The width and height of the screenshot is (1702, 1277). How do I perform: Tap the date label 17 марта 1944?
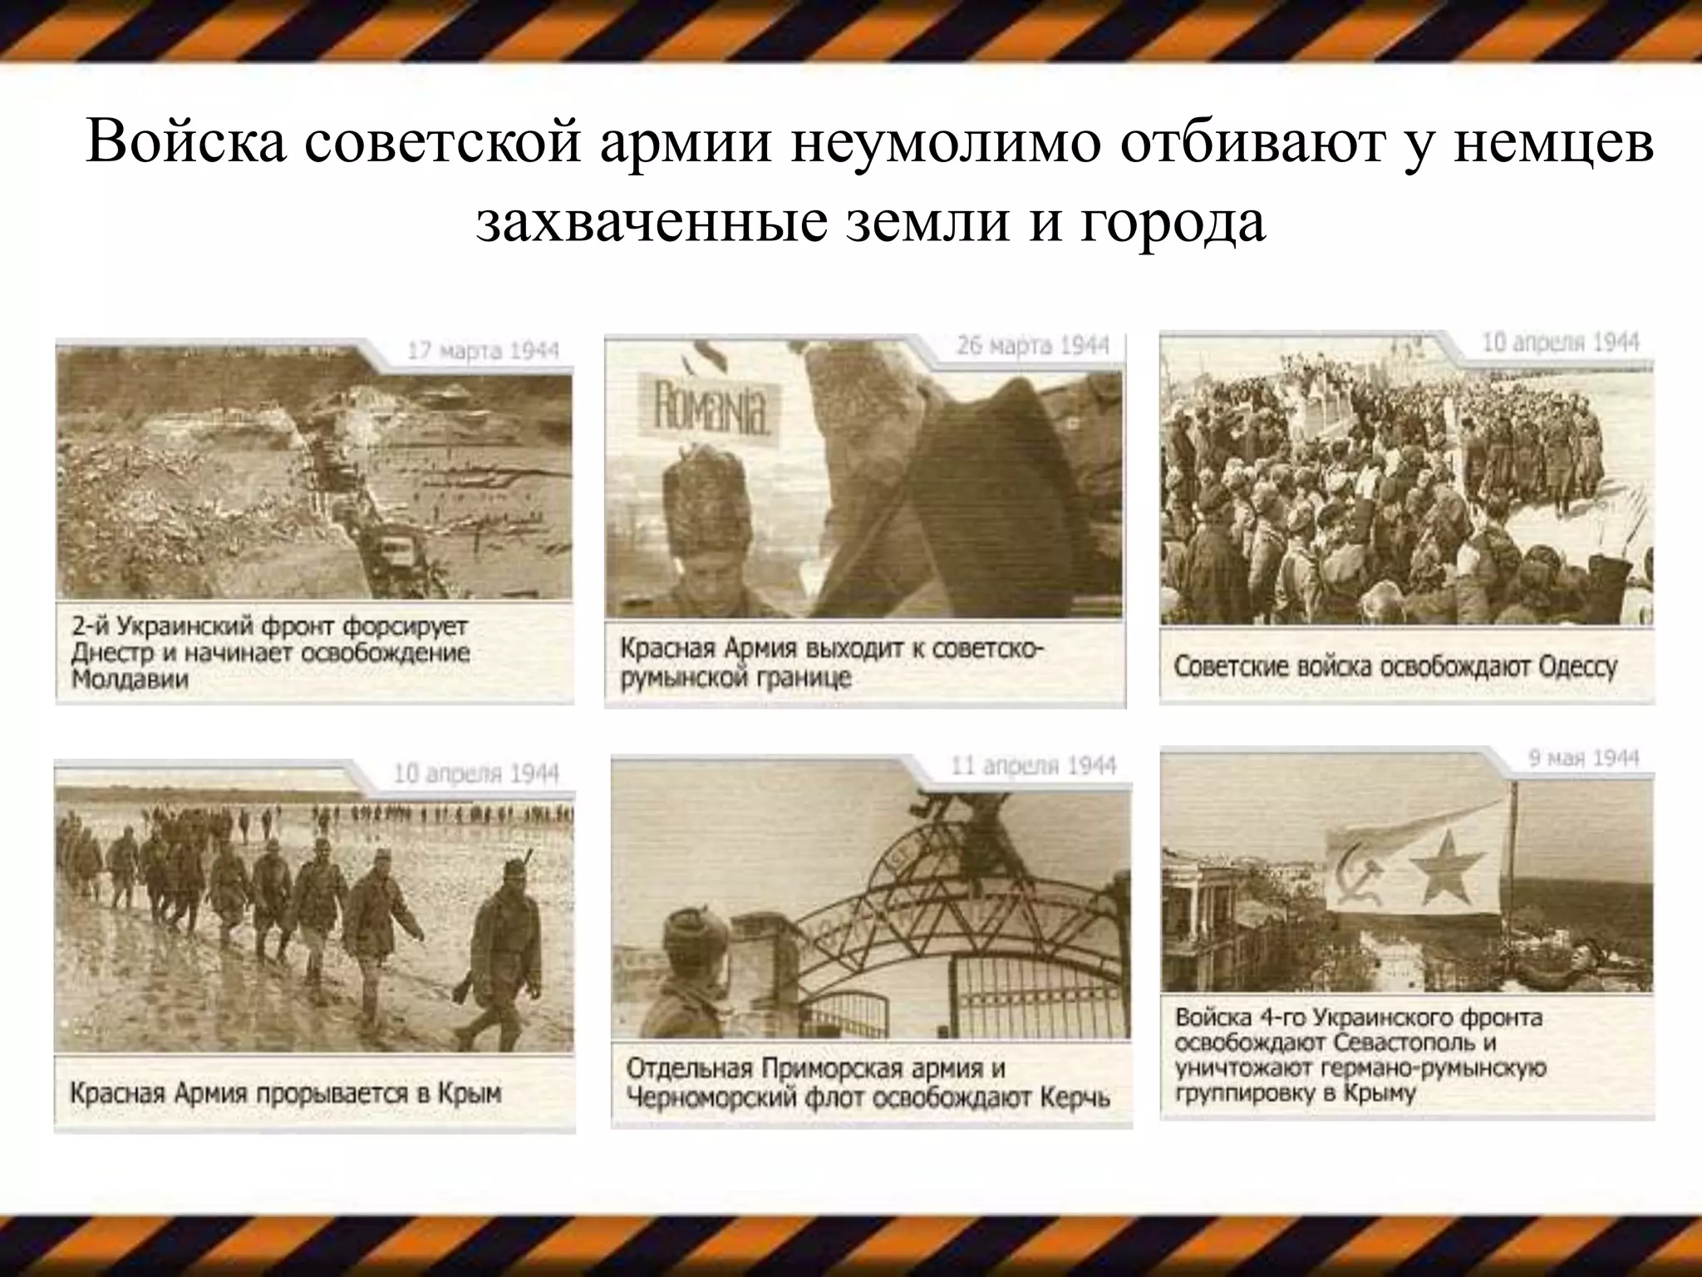483,351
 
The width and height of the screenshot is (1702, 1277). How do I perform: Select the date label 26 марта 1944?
1032,346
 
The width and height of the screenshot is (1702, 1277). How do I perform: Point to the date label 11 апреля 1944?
1033,766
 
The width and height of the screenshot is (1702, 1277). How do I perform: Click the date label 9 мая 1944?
1583,758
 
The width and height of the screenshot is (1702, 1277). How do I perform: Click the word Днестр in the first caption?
109,653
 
